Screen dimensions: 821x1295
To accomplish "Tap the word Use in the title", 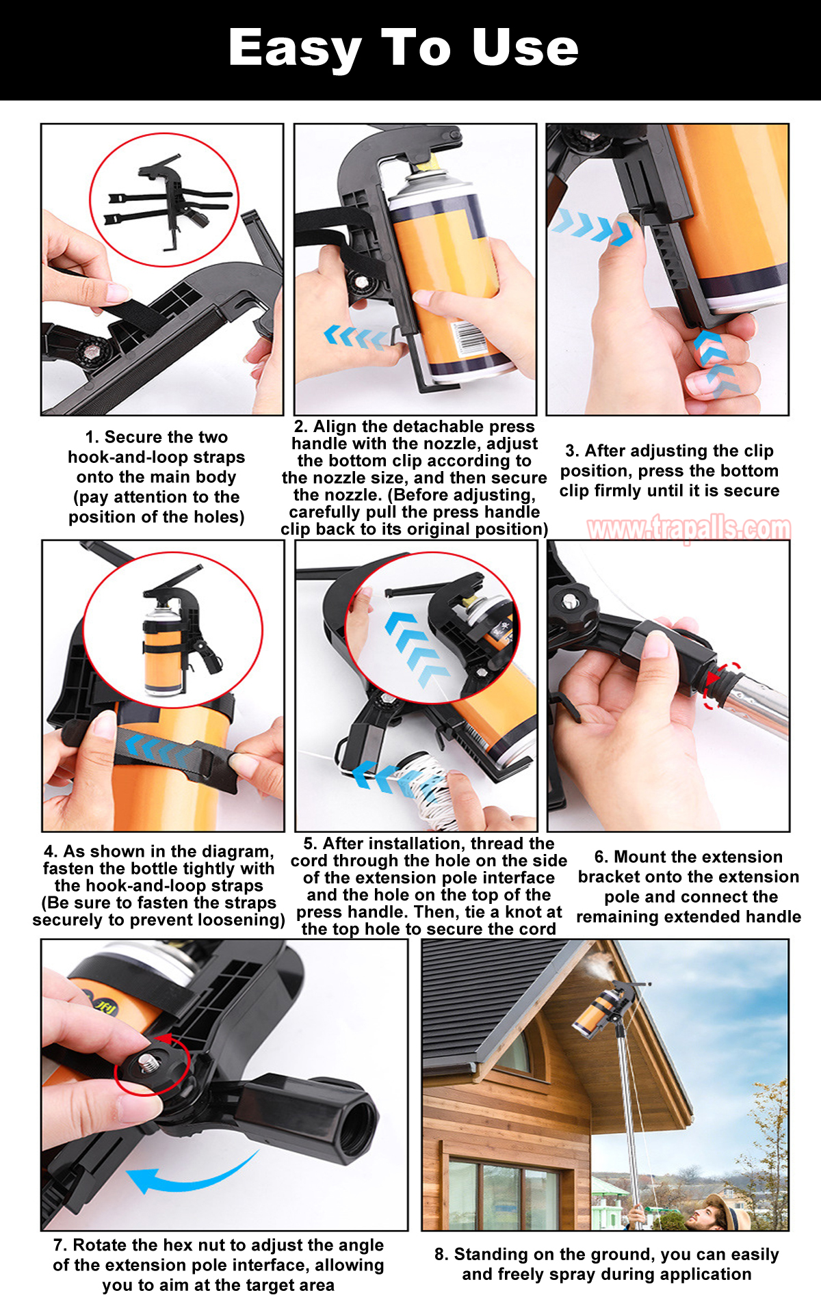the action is (x=525, y=48).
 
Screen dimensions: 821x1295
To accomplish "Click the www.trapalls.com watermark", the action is (x=689, y=529).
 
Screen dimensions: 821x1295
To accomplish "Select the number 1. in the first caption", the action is (x=92, y=437).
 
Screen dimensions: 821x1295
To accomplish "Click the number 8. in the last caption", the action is (x=442, y=1254).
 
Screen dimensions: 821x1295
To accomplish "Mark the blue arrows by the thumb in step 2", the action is (x=356, y=337).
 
